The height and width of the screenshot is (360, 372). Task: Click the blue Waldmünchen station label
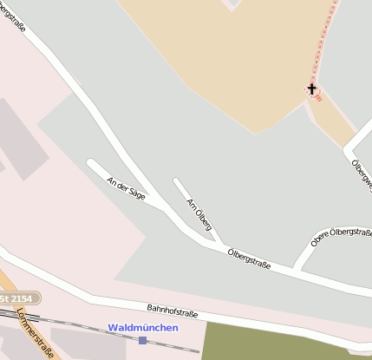click(x=143, y=327)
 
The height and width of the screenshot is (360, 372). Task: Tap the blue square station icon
click(x=142, y=340)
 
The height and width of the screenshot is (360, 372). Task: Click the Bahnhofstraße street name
click(x=172, y=311)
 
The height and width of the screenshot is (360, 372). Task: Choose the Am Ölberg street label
click(x=199, y=212)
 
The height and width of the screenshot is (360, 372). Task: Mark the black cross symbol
click(x=312, y=88)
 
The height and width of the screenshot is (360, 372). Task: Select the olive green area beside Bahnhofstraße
click(x=277, y=343)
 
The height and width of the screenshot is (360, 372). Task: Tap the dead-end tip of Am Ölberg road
click(x=177, y=182)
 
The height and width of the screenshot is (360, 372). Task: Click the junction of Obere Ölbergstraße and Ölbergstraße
click(x=297, y=267)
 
